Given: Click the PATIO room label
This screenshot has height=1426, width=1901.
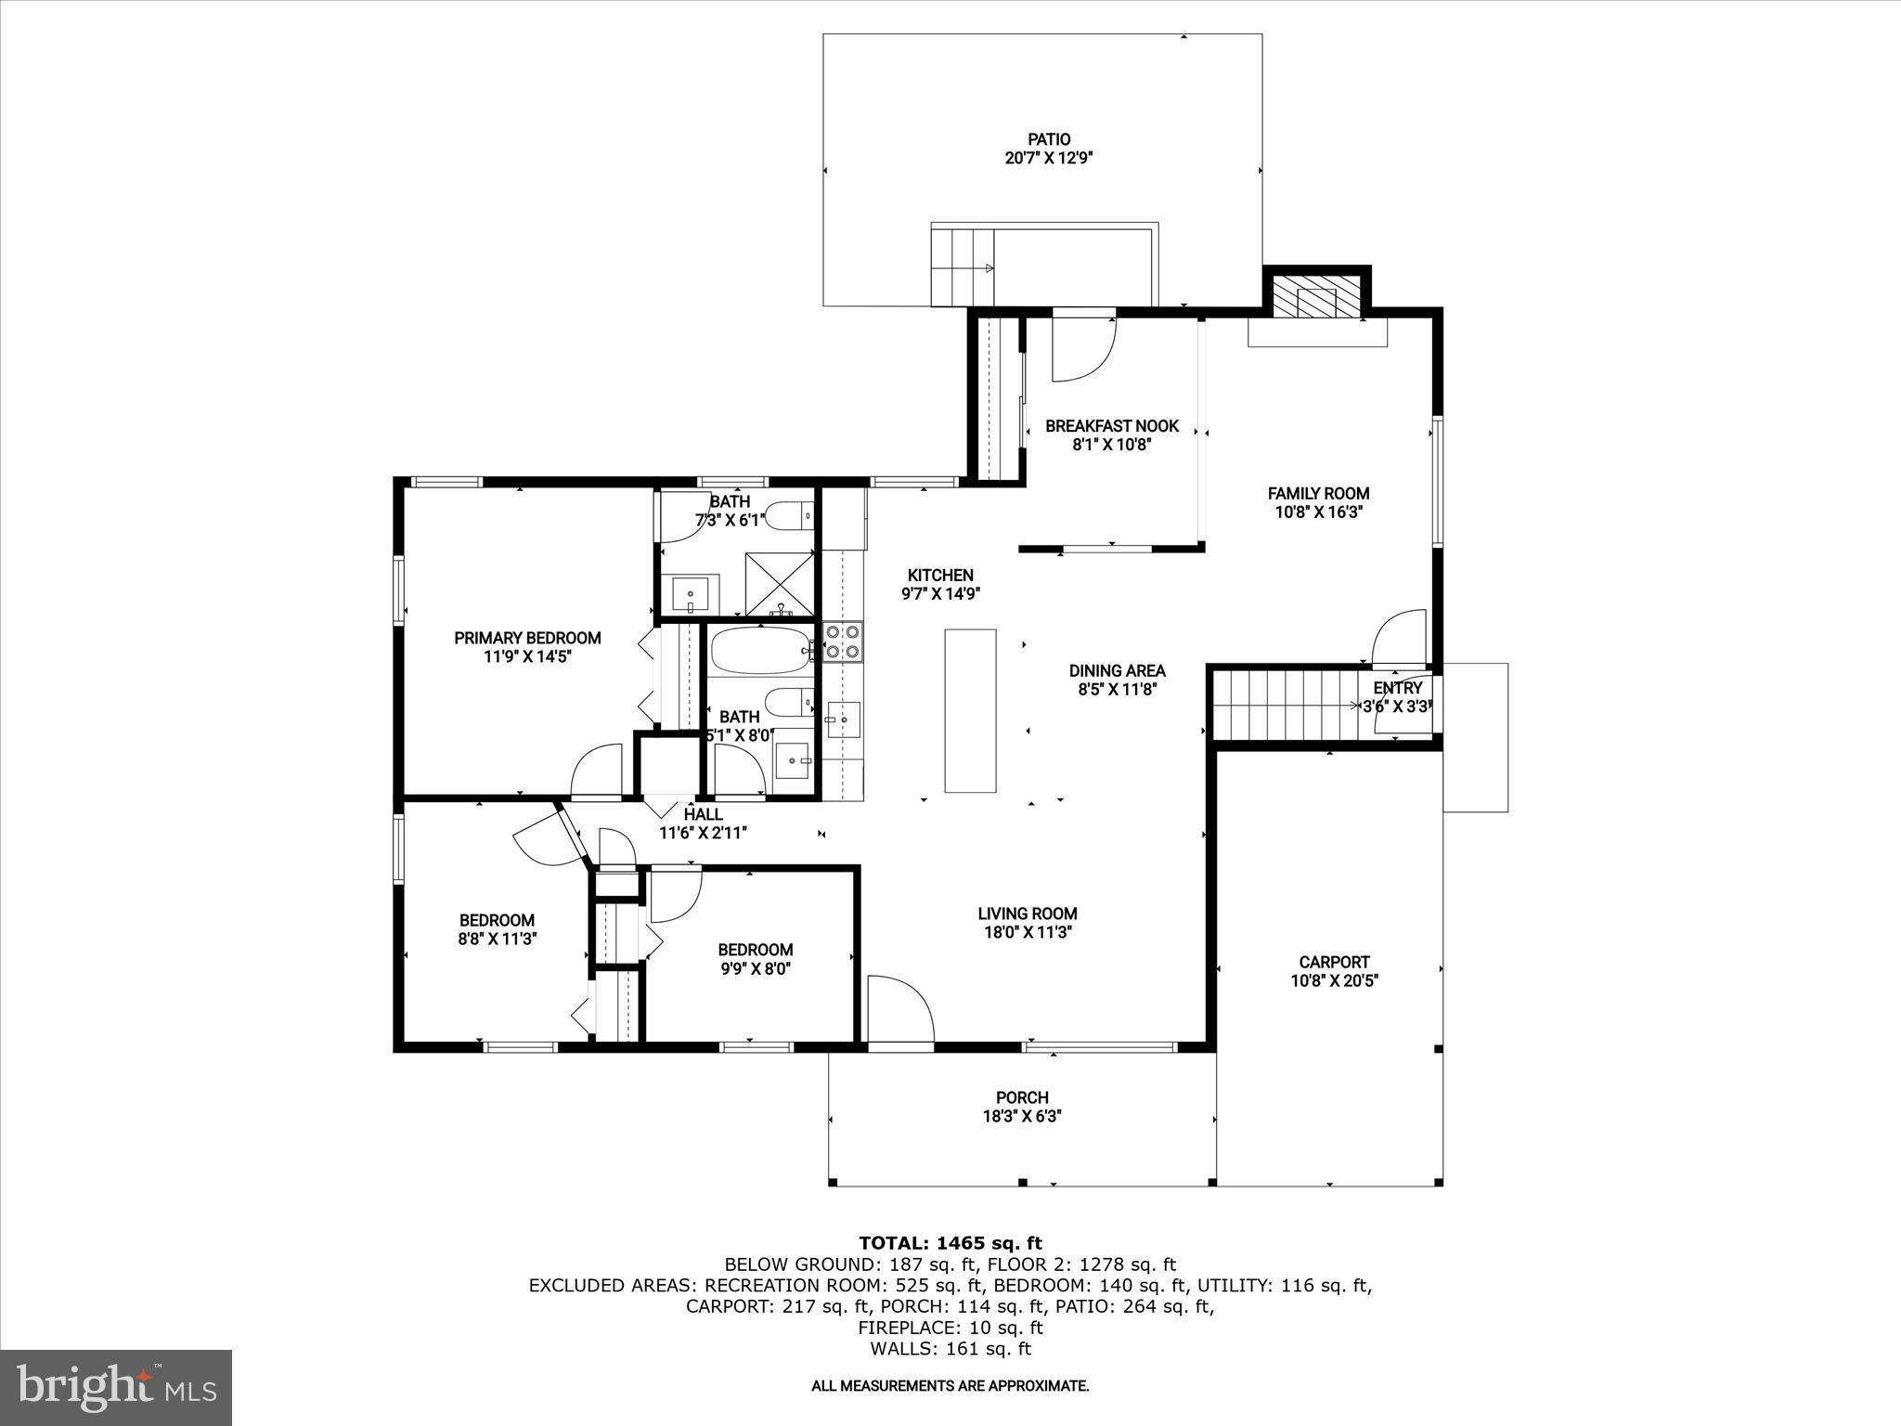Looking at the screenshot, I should tap(1048, 139).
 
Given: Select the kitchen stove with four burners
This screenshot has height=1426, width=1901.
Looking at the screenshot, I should tap(843, 641).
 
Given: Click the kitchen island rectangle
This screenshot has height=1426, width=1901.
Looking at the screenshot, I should tap(970, 710).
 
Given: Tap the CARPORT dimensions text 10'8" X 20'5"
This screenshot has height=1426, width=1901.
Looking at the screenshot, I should tap(1334, 980).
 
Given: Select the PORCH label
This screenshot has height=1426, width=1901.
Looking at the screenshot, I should tap(1022, 1097).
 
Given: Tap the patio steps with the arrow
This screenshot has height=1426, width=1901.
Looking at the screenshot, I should tap(963, 267).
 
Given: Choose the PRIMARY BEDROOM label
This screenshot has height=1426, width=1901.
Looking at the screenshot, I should tap(527, 638).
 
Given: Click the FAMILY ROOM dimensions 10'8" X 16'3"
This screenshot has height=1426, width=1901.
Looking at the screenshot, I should tap(1319, 512).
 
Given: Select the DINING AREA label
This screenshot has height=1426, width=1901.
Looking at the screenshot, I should tap(1117, 670).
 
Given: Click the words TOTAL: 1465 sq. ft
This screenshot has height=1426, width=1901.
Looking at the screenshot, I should tap(950, 1243).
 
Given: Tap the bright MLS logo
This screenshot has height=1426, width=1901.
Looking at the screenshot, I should tap(116, 1387).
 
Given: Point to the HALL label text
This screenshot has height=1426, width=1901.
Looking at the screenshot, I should tap(703, 814).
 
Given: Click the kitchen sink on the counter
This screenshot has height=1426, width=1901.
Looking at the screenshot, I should tap(843, 719).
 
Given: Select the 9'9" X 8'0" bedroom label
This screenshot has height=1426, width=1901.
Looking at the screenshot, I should tap(755, 968).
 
